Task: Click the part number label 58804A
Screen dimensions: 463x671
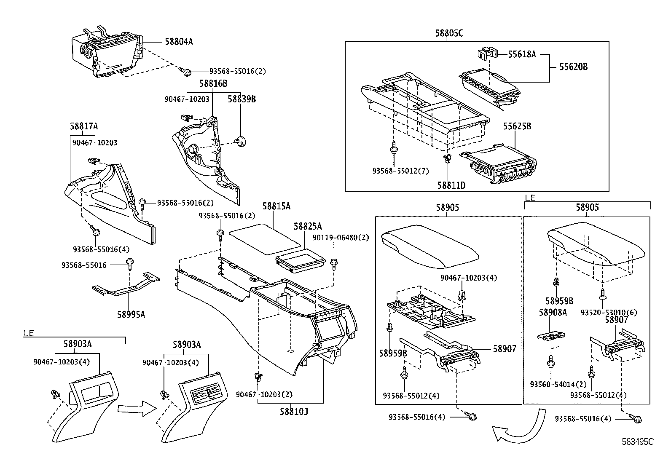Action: pos(179,42)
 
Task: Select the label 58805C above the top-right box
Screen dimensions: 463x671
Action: pos(449,33)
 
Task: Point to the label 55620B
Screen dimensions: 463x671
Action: pos(573,66)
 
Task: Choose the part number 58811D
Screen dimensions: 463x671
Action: pos(451,185)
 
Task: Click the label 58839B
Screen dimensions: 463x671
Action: pos(242,99)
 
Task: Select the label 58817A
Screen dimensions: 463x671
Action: pos(84,126)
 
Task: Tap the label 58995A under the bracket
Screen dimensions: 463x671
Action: pos(131,314)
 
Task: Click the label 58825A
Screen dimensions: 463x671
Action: pos(308,226)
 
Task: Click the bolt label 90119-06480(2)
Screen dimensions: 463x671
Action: pos(341,238)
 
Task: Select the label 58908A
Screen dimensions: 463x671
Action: pos(553,312)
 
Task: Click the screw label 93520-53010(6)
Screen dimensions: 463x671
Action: pos(609,312)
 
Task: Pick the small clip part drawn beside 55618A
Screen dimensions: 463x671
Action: pos(487,54)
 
